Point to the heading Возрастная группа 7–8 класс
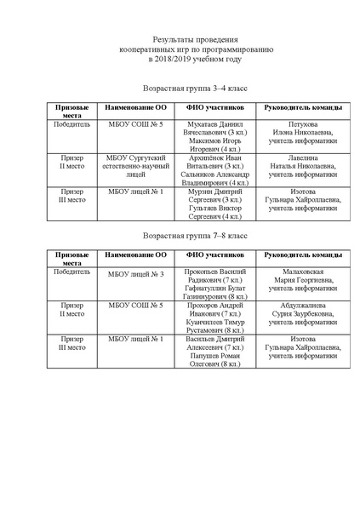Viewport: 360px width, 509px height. pos(195,234)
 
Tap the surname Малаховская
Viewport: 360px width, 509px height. pos(303,269)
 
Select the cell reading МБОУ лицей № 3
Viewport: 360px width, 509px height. pos(135,274)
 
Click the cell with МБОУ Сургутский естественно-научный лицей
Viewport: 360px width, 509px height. pos(135,165)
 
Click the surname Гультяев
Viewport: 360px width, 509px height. pos(201,209)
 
